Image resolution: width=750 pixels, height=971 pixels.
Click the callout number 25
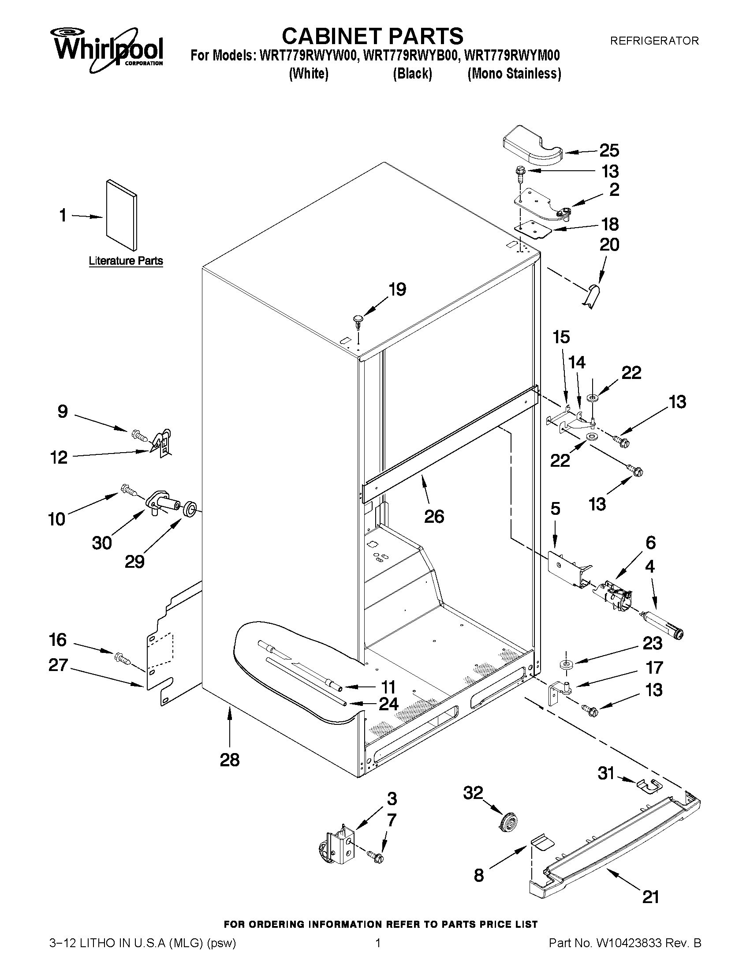click(609, 151)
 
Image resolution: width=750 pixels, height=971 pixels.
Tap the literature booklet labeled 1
click(121, 215)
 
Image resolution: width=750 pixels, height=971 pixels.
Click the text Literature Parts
click(126, 261)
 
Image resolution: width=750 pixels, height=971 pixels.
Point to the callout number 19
click(397, 289)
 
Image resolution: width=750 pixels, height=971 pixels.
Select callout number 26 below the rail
click(434, 516)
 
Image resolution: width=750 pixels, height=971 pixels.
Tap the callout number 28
click(230, 760)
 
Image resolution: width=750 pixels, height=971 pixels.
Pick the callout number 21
click(650, 897)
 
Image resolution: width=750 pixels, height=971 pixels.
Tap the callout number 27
click(58, 666)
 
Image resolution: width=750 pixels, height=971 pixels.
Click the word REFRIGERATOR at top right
click(654, 41)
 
